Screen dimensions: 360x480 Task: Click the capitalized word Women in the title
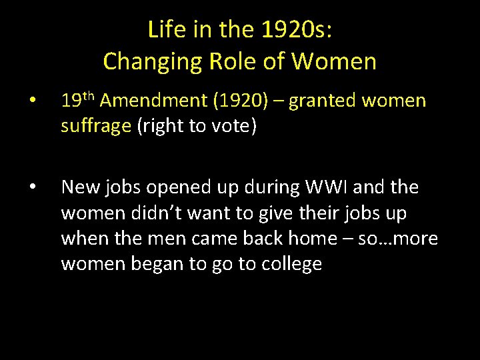point(335,61)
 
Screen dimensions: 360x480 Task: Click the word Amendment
point(151,101)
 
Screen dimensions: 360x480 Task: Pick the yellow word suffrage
point(96,127)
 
